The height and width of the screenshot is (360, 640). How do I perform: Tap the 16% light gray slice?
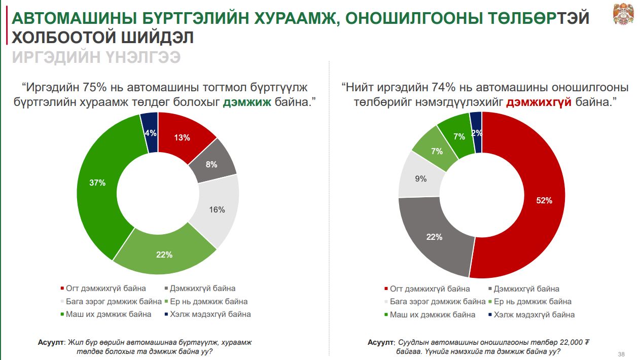(217, 209)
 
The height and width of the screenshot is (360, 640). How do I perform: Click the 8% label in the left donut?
(211, 164)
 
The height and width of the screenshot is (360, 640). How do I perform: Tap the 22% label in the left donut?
(164, 255)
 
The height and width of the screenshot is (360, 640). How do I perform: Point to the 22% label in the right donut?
(434, 237)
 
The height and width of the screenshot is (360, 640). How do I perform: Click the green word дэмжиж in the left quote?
(247, 102)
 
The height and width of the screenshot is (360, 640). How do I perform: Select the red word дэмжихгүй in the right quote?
(539, 102)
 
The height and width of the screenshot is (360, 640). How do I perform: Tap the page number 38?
(621, 353)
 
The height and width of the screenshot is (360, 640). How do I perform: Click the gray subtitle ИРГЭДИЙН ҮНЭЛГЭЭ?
(96, 57)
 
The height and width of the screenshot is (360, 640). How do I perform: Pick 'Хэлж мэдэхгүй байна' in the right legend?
(534, 315)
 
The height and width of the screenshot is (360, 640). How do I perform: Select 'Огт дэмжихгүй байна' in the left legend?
(106, 289)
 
